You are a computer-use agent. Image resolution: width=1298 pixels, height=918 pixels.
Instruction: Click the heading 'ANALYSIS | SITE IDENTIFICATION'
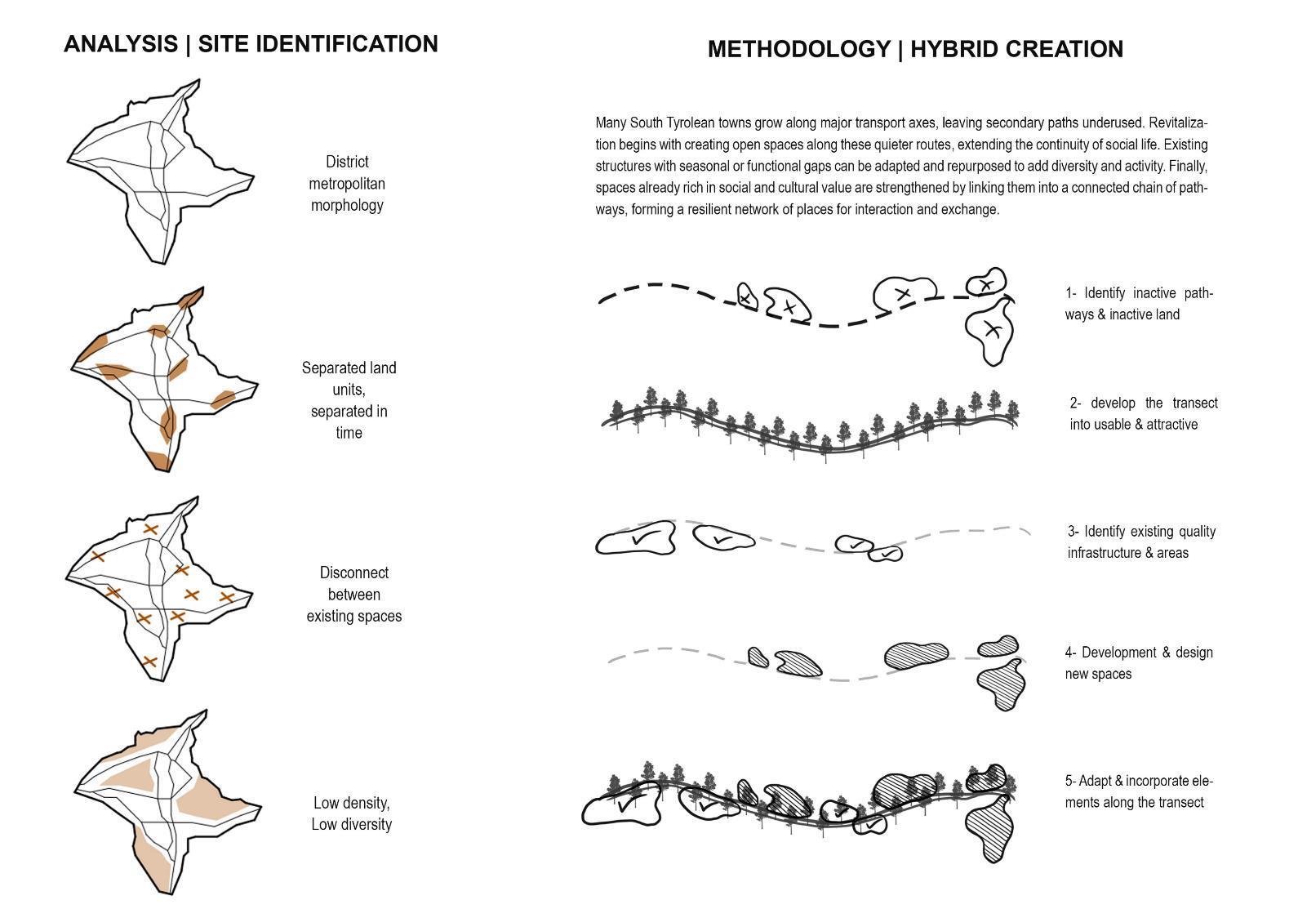[251, 44]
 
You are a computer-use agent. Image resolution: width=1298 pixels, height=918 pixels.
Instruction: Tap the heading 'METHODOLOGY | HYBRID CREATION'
[914, 49]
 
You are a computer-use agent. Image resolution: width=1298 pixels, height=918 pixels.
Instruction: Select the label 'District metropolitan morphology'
[347, 184]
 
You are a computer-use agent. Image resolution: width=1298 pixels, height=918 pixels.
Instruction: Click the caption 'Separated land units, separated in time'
[349, 400]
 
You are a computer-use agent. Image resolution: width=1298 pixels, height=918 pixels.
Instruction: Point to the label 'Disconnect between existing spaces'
[353, 595]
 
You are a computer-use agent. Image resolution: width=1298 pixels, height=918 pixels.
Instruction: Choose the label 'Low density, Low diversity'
[352, 813]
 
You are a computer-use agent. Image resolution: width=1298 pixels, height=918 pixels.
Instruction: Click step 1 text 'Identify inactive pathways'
[1138, 304]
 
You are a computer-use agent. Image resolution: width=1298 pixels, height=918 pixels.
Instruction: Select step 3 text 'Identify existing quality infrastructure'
[1140, 542]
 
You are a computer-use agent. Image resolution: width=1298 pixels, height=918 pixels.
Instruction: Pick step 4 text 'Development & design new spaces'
[1138, 663]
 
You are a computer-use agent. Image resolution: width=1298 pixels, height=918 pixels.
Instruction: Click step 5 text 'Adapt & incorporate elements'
[1138, 791]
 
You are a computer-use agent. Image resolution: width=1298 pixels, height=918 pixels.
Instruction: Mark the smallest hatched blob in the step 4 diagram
[758, 657]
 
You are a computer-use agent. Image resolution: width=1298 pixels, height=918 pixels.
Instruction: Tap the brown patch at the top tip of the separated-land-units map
[190, 297]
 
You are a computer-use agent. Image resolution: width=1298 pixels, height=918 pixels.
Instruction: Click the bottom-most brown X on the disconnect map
[149, 662]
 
